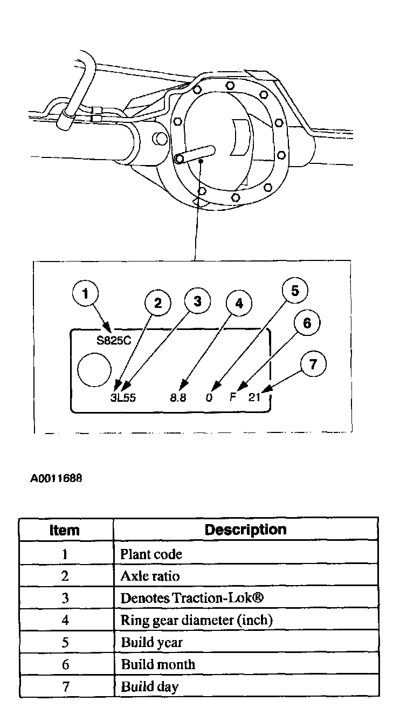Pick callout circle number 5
[295, 291]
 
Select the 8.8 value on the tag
[178, 398]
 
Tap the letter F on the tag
[233, 398]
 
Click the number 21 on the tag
[254, 398]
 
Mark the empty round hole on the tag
[94, 369]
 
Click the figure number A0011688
[57, 477]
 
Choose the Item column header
[65, 530]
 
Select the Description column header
[245, 530]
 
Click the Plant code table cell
[151, 554]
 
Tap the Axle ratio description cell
[150, 576]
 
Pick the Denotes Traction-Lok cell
[191, 599]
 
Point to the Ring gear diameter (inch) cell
[197, 620]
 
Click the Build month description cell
[158, 664]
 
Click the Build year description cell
[151, 642]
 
